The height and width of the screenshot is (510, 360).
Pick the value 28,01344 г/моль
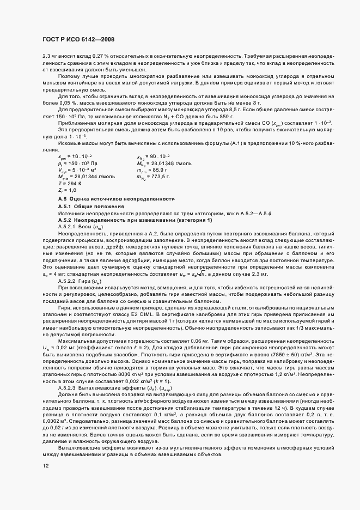93,176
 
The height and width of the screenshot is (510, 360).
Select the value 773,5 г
160,176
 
